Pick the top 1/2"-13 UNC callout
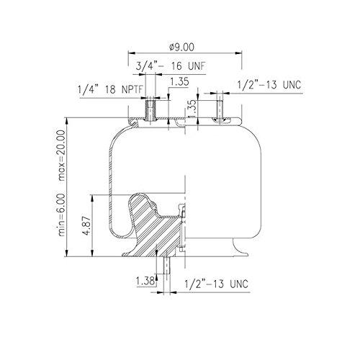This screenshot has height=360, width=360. tap(269, 85)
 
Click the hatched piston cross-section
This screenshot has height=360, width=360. tap(155, 230)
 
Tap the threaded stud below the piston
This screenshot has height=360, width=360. tap(165, 270)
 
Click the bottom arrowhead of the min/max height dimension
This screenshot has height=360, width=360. tap(68, 257)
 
